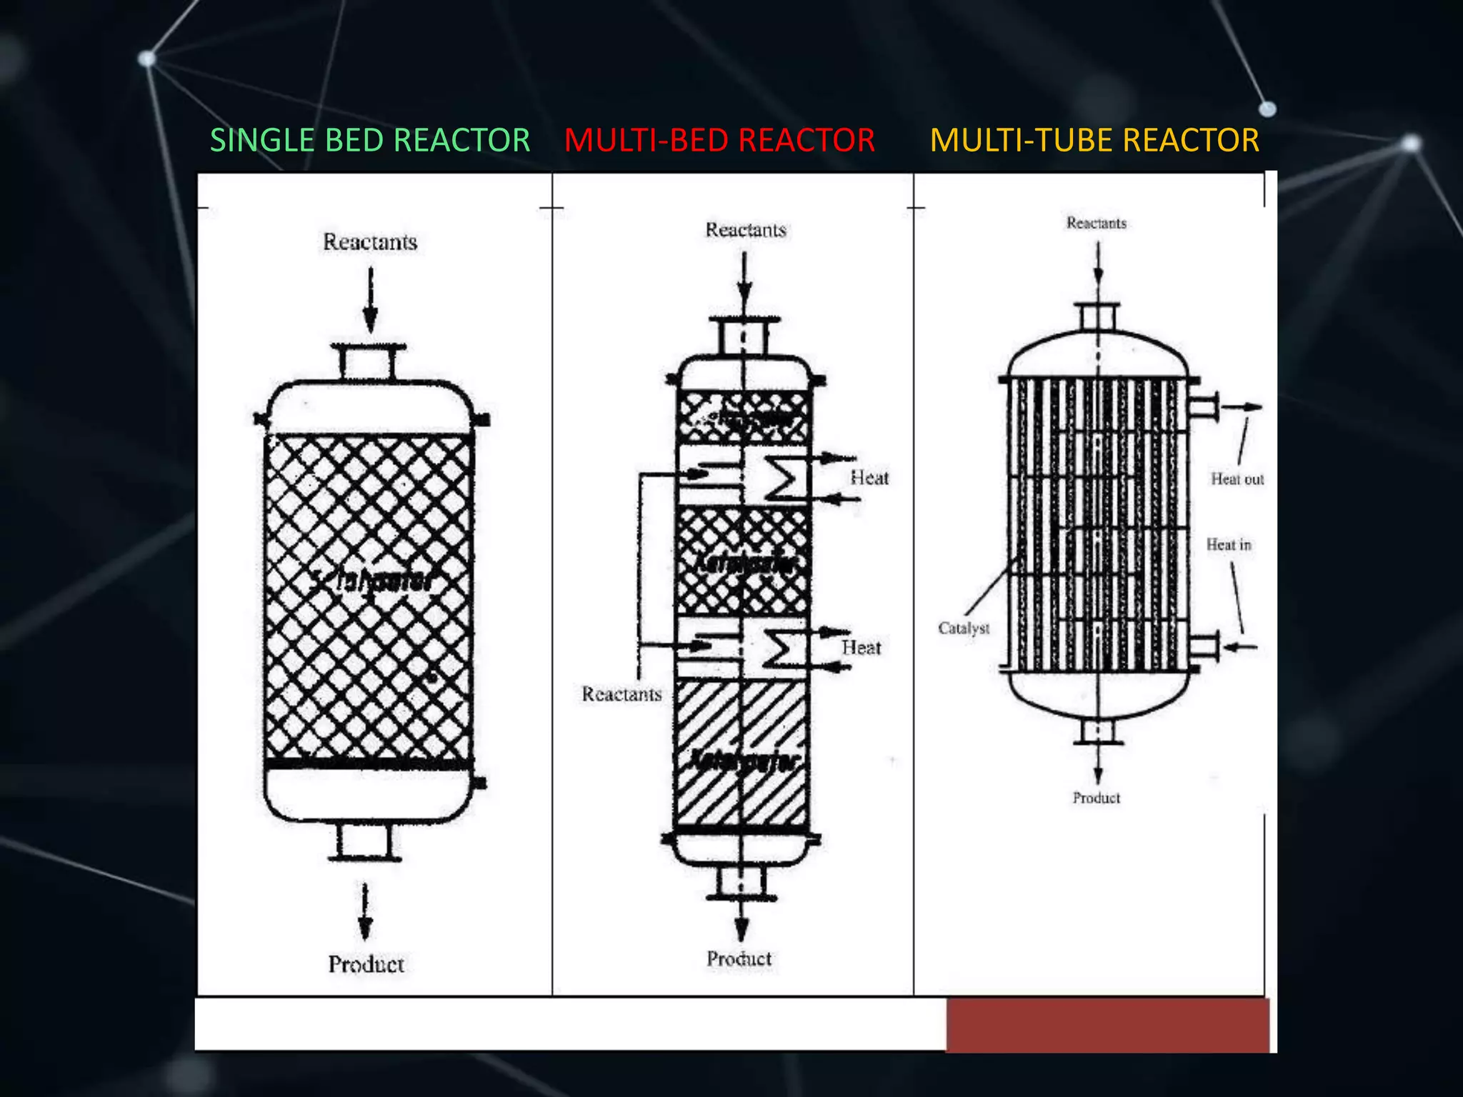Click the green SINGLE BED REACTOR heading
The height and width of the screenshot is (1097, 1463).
click(369, 140)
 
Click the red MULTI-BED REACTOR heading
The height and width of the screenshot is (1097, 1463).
click(719, 140)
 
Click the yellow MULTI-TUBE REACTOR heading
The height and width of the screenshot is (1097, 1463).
click(1094, 140)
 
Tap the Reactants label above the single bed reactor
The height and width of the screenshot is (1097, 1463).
click(370, 242)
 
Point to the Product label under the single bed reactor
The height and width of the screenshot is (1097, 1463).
click(366, 964)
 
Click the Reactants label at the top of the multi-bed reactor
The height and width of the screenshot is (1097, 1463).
click(745, 230)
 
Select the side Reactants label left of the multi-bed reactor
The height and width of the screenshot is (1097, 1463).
click(621, 694)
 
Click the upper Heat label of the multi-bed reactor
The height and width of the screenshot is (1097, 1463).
click(869, 478)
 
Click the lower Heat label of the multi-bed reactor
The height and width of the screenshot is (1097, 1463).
click(861, 648)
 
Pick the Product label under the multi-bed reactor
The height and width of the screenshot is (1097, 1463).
click(739, 958)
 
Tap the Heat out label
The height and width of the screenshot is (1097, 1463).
click(1237, 479)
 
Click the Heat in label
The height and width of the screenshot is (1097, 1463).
click(1229, 545)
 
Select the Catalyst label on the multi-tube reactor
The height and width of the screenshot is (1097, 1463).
click(964, 628)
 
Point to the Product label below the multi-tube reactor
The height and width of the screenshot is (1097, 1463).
click(1096, 798)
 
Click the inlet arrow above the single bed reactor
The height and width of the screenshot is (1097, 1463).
click(370, 300)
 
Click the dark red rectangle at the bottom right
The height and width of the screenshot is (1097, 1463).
click(1107, 1025)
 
